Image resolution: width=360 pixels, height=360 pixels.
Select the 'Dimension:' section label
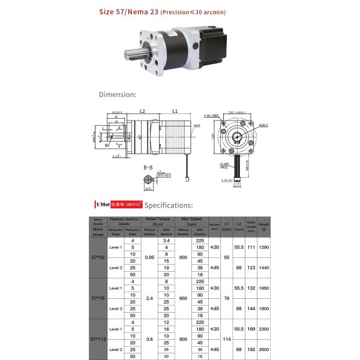pyautogui.click(x=118, y=94)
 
